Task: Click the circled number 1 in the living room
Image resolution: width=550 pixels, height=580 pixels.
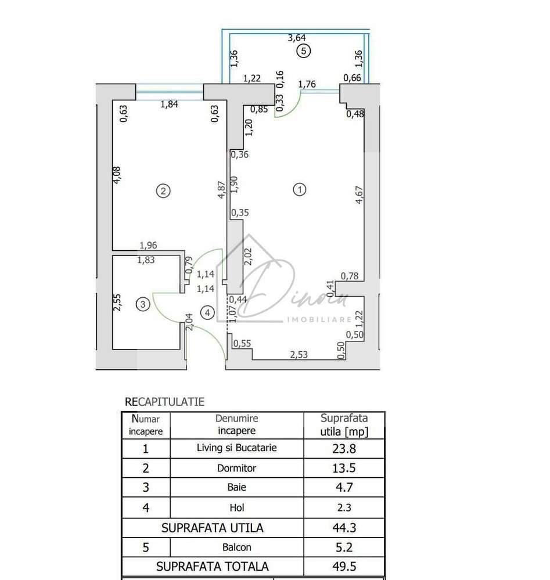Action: (x=300, y=190)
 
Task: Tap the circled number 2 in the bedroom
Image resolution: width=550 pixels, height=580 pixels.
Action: (x=164, y=190)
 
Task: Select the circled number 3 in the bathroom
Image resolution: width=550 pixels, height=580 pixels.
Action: (x=143, y=304)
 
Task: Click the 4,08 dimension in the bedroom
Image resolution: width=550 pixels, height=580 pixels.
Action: (x=117, y=175)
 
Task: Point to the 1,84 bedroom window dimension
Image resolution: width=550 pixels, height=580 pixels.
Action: (x=169, y=105)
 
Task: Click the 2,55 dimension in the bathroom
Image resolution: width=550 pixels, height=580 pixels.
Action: (x=117, y=302)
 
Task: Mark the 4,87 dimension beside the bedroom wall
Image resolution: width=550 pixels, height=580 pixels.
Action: (x=221, y=190)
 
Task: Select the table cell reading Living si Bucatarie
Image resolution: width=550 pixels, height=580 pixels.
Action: (x=237, y=448)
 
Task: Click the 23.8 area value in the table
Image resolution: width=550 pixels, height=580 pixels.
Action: (x=344, y=448)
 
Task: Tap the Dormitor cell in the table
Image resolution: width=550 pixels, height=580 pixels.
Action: (x=237, y=468)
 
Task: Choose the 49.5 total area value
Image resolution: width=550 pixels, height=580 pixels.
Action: (x=344, y=566)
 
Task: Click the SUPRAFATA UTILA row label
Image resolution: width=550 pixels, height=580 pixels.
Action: (x=213, y=528)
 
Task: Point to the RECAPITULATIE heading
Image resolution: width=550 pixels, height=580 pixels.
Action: (x=165, y=401)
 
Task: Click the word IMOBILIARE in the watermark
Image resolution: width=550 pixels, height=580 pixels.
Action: (x=320, y=319)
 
